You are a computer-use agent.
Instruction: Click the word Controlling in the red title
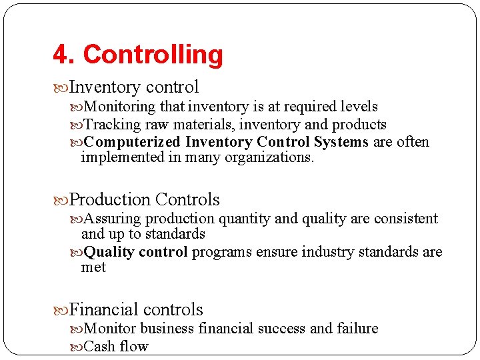coord(153,55)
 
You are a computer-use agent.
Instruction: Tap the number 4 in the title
coord(60,55)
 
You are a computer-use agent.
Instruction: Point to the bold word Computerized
coord(132,142)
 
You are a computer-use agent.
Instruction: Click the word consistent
coord(403,219)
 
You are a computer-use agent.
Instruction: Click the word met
coord(93,267)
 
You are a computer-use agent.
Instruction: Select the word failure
coord(357,329)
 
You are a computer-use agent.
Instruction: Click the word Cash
coord(100,347)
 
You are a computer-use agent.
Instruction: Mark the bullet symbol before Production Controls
coord(61,200)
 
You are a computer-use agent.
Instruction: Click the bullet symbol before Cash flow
coord(77,347)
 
